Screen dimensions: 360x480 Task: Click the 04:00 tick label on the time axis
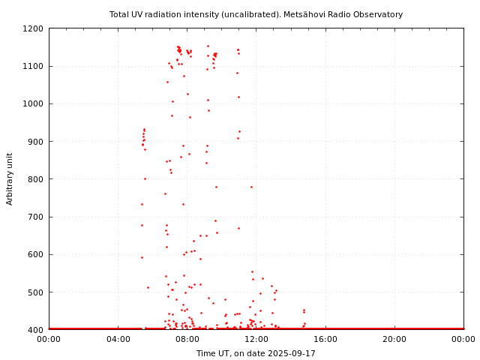tap(118, 339)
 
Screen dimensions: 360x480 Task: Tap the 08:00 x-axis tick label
tap(187, 339)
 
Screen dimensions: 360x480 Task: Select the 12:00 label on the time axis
tap(256, 339)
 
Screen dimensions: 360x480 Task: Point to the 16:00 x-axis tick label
tap(325, 339)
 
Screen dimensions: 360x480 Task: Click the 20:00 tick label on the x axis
tap(394, 339)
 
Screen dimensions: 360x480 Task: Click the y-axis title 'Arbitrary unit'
tap(10, 178)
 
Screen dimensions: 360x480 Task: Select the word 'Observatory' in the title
tap(379, 14)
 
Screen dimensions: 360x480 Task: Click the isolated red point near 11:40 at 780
tap(251, 187)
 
